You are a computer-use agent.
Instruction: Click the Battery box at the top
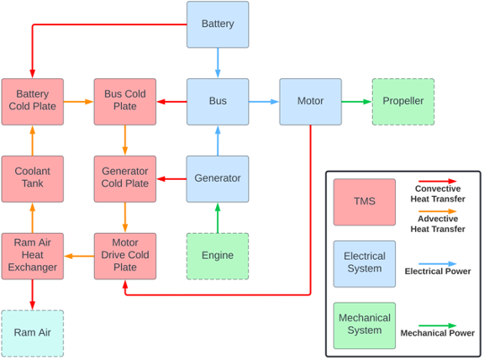(218, 24)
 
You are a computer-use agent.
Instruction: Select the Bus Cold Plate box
(125, 102)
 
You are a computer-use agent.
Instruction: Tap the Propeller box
(403, 102)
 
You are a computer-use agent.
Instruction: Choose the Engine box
(218, 257)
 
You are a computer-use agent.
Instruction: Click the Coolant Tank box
(33, 179)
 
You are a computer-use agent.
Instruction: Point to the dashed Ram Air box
(33, 333)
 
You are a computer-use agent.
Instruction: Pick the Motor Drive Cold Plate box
(125, 257)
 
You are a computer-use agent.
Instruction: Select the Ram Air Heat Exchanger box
(33, 257)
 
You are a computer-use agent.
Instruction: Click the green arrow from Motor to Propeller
(356, 102)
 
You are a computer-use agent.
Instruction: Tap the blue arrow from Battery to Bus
(218, 63)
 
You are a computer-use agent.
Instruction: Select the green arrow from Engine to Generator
(218, 218)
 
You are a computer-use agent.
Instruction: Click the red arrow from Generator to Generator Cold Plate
(171, 179)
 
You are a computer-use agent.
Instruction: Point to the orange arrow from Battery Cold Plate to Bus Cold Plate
(79, 102)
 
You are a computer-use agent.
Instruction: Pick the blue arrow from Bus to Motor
(264, 102)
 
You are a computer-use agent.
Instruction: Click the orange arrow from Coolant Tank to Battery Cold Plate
(33, 140)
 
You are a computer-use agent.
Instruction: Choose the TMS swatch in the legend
(364, 202)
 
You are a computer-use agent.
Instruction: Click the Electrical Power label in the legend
(438, 272)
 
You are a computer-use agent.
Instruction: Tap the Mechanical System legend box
(364, 326)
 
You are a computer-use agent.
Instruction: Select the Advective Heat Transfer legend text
(438, 224)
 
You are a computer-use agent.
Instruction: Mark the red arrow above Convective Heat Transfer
(438, 181)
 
